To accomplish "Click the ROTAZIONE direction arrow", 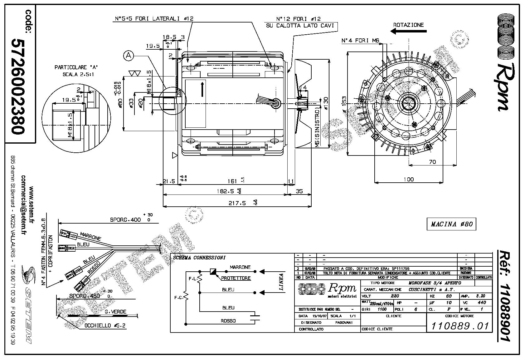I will click(x=402, y=31).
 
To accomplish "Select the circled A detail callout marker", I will click(x=129, y=56).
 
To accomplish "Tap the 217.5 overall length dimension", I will click(x=237, y=203).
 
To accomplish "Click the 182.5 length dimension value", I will click(x=225, y=191).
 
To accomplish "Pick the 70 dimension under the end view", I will click(x=432, y=162).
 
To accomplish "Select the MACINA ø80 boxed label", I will click(x=451, y=224).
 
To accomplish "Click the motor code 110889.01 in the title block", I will click(x=460, y=326).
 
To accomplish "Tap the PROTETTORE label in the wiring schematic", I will click(x=236, y=278).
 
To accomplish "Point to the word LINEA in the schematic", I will click(x=281, y=282).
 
